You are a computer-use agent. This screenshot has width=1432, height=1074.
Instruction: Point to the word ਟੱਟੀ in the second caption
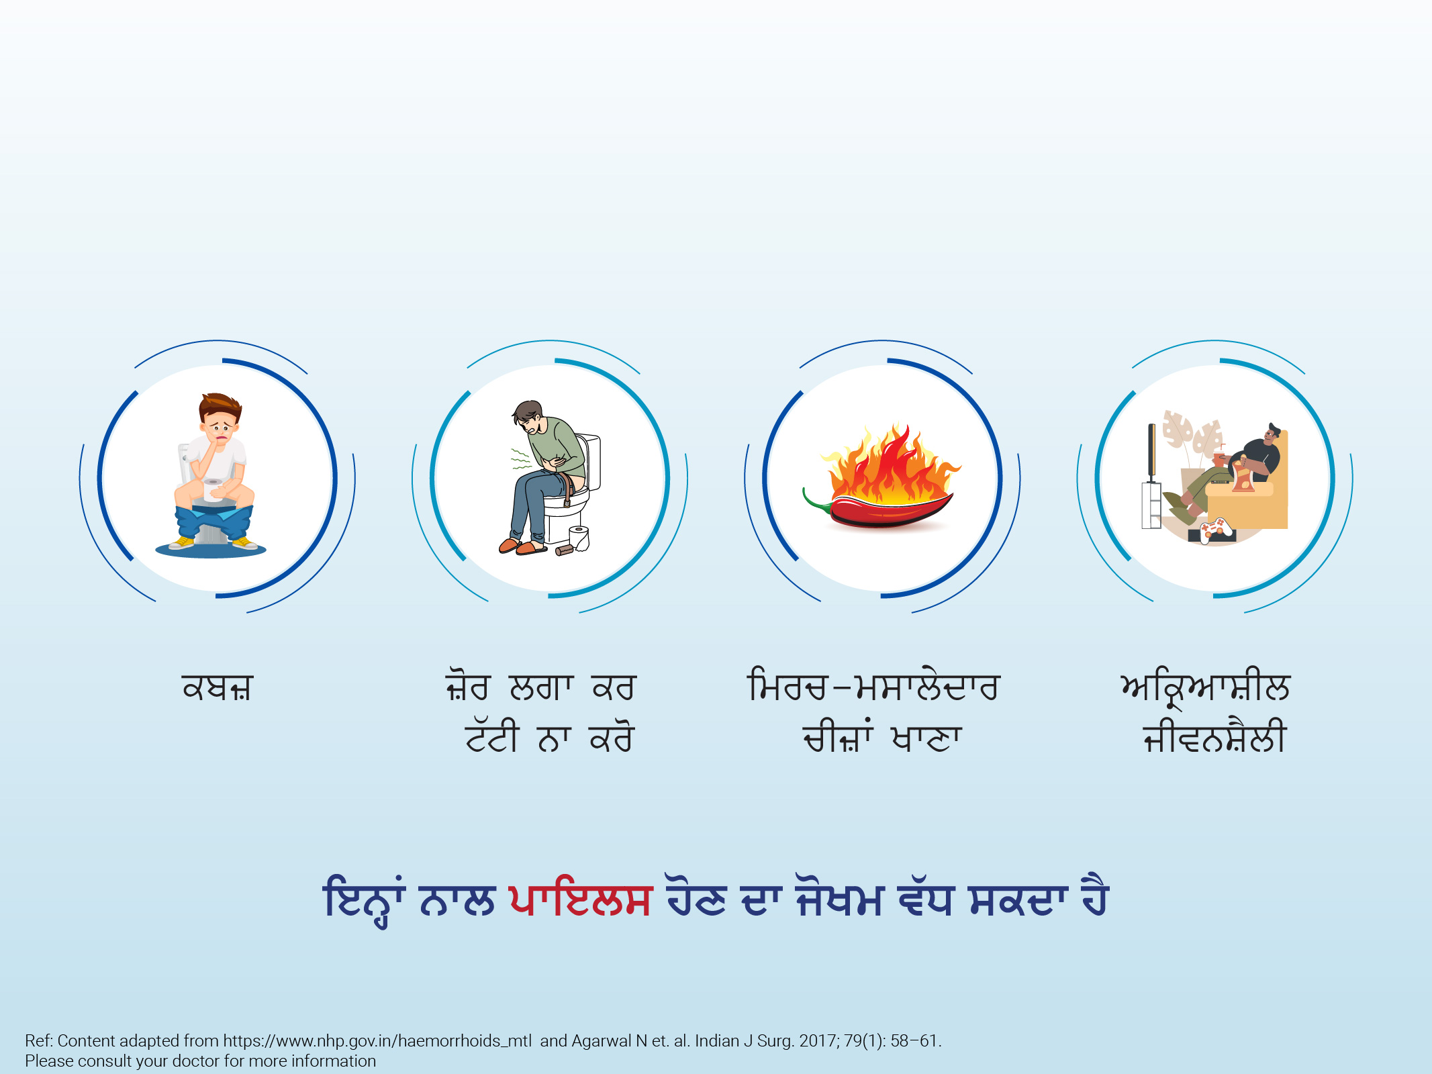pos(492,737)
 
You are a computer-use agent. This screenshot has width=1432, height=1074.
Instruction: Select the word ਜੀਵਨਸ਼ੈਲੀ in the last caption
pos(1214,737)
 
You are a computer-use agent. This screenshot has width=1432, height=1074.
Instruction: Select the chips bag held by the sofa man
pos(1243,475)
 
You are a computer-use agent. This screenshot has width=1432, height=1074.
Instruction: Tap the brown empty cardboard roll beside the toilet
pos(564,550)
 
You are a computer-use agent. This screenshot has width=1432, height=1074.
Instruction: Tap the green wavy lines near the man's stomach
pos(521,458)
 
